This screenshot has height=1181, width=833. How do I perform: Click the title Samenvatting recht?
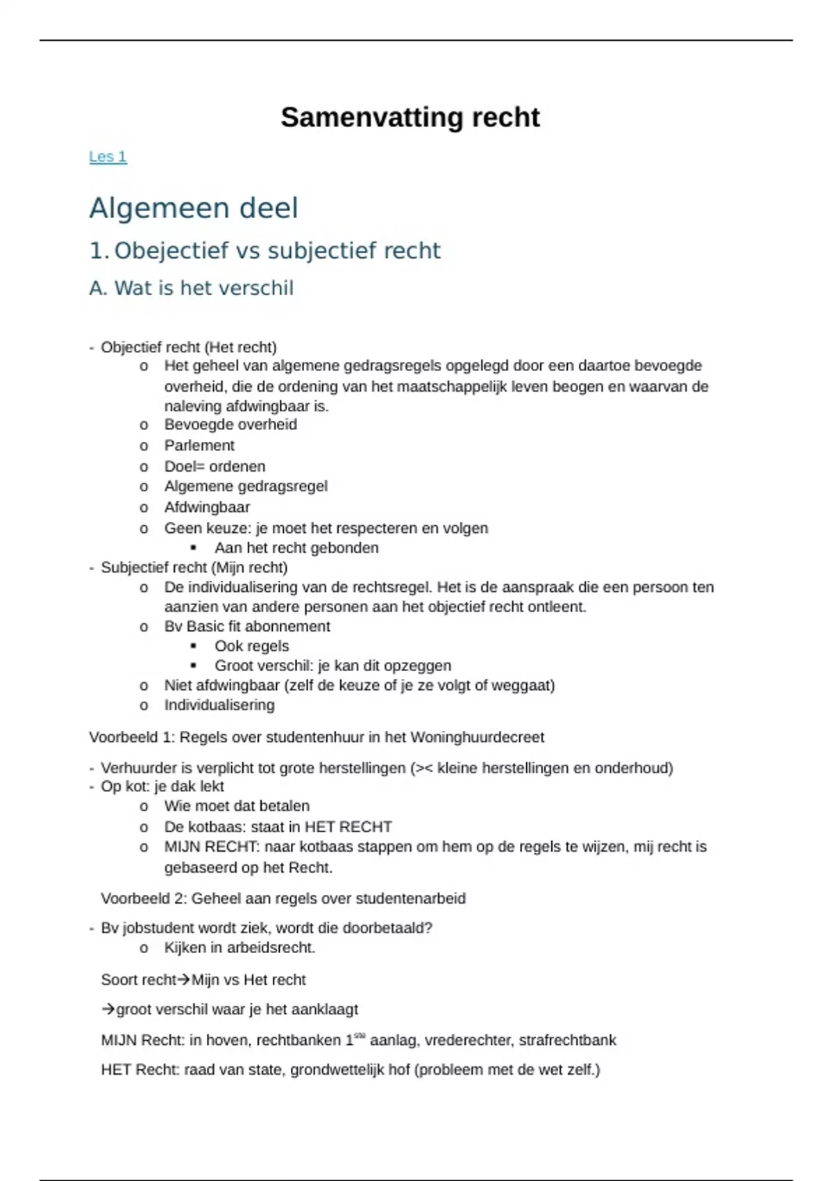click(410, 117)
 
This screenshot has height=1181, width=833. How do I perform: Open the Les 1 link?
click(108, 157)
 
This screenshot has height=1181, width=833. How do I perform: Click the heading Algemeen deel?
click(194, 208)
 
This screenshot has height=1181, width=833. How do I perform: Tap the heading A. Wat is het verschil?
click(191, 288)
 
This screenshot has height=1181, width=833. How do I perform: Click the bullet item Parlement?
click(199, 445)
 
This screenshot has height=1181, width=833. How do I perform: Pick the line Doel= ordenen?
click(214, 466)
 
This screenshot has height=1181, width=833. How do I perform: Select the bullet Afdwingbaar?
click(207, 507)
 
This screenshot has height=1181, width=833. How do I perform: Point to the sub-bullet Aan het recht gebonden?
click(296, 548)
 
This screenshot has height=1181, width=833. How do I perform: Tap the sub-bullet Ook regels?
click(251, 646)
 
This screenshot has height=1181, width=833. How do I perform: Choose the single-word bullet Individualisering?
click(219, 705)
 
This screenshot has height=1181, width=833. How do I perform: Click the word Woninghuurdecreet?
click(477, 737)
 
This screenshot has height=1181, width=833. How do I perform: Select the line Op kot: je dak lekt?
click(162, 786)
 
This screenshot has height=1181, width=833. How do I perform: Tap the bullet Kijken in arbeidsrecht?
click(239, 948)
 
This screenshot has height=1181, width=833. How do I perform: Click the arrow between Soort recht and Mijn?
click(183, 980)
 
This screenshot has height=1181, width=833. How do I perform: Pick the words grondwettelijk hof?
click(350, 1070)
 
